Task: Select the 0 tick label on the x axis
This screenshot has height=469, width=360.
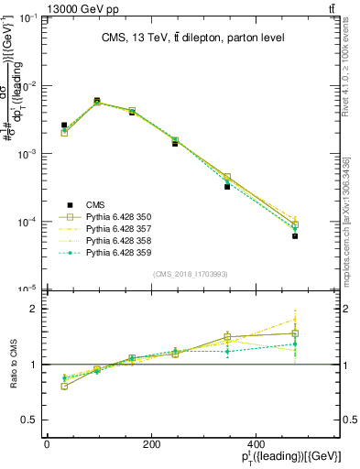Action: coord(47,445)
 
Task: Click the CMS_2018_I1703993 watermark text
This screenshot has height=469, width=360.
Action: coord(191,274)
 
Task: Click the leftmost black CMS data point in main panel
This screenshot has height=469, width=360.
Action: coord(64,125)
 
